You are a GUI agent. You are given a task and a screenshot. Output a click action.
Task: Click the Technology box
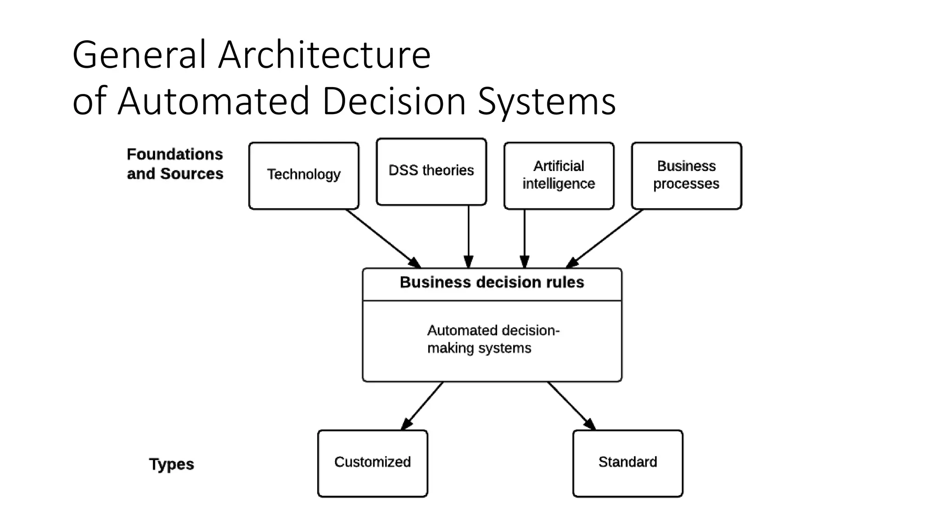point(303,176)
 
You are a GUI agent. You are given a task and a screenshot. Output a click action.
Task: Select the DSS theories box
point(431,171)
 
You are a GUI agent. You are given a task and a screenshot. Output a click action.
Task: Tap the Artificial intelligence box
point(559,176)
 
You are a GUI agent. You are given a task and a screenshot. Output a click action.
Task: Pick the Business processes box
point(686,176)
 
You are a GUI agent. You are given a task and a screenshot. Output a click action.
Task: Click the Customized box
point(372,463)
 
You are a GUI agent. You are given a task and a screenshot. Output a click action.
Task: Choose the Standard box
point(627,463)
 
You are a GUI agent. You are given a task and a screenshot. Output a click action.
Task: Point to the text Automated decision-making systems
point(492,339)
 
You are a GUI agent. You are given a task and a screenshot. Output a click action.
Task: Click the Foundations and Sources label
point(175,164)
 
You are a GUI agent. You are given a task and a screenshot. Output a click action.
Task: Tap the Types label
point(171,464)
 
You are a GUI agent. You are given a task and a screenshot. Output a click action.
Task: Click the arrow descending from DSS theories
point(469,236)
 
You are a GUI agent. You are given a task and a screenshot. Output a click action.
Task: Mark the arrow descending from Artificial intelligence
point(525,236)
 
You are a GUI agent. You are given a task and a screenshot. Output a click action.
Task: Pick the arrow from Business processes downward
point(605,238)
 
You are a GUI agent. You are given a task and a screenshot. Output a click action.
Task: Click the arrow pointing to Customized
point(423,406)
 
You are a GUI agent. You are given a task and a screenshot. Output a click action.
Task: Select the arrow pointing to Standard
point(571,406)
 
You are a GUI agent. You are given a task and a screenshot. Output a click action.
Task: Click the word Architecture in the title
point(324,55)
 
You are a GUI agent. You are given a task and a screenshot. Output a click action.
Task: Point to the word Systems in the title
point(547,102)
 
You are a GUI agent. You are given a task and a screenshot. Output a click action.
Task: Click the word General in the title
point(139,55)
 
